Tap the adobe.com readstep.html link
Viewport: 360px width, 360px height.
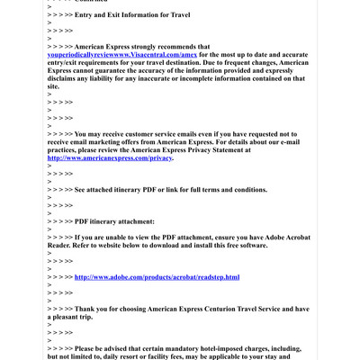(x=157, y=277)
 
